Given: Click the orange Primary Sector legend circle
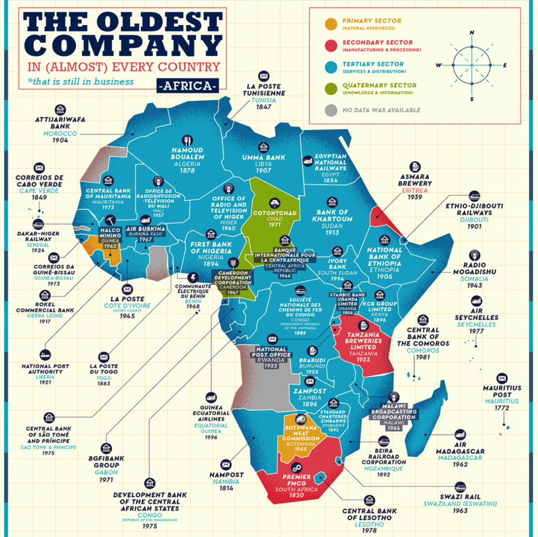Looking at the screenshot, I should [x=332, y=24].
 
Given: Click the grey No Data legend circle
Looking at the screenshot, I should [x=332, y=111].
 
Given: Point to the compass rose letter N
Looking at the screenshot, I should [x=472, y=33].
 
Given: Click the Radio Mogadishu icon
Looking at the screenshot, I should [x=475, y=254].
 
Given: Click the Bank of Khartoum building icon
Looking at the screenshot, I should [x=332, y=202].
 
